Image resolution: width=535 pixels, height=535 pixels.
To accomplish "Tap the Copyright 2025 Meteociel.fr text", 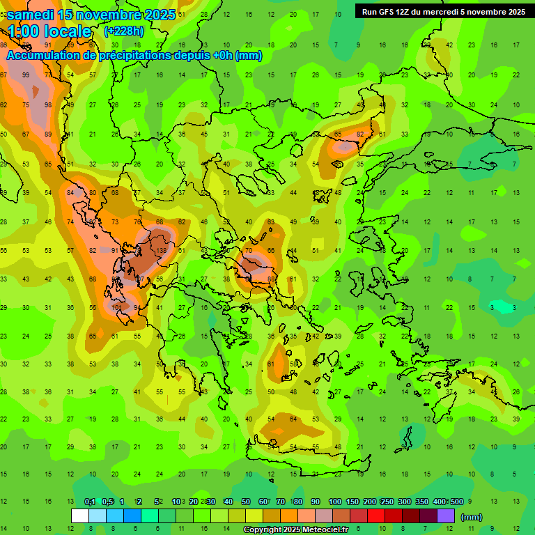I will [x=296, y=530].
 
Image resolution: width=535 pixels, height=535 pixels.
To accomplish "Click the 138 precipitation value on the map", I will [x=161, y=250].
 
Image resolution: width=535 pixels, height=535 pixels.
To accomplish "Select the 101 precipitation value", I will [x=116, y=307].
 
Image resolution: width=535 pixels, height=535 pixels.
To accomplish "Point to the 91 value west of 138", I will [x=116, y=250].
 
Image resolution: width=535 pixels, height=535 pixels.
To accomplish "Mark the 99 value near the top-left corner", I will [x=26, y=75].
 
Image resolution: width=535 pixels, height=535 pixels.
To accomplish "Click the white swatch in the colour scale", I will [x=79, y=516].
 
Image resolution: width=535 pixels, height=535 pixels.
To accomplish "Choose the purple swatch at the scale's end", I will [x=446, y=516].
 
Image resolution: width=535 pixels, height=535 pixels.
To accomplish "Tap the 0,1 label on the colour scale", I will [x=90, y=502].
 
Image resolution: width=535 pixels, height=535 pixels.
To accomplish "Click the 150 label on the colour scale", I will [x=352, y=502].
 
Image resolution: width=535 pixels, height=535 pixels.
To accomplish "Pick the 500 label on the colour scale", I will [x=456, y=502].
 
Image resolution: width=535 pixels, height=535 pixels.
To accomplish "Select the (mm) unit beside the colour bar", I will [x=472, y=517].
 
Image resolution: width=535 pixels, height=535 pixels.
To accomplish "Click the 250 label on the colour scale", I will [x=387, y=502].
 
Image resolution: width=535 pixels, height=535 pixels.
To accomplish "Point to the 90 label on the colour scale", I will [x=315, y=502].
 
